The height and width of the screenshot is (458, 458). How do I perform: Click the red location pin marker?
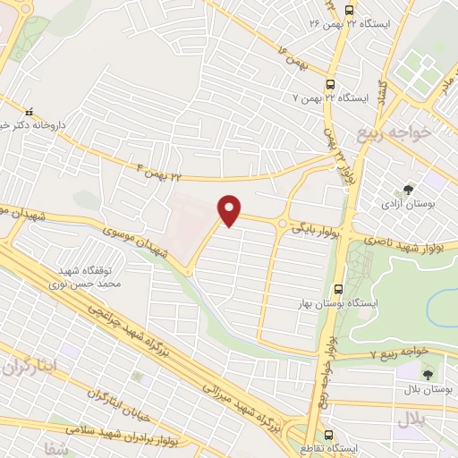[231, 211]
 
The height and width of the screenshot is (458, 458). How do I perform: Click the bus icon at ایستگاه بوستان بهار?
[339, 289]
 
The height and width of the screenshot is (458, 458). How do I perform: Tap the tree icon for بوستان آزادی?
[409, 190]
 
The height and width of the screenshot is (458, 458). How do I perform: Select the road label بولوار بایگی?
[312, 230]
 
